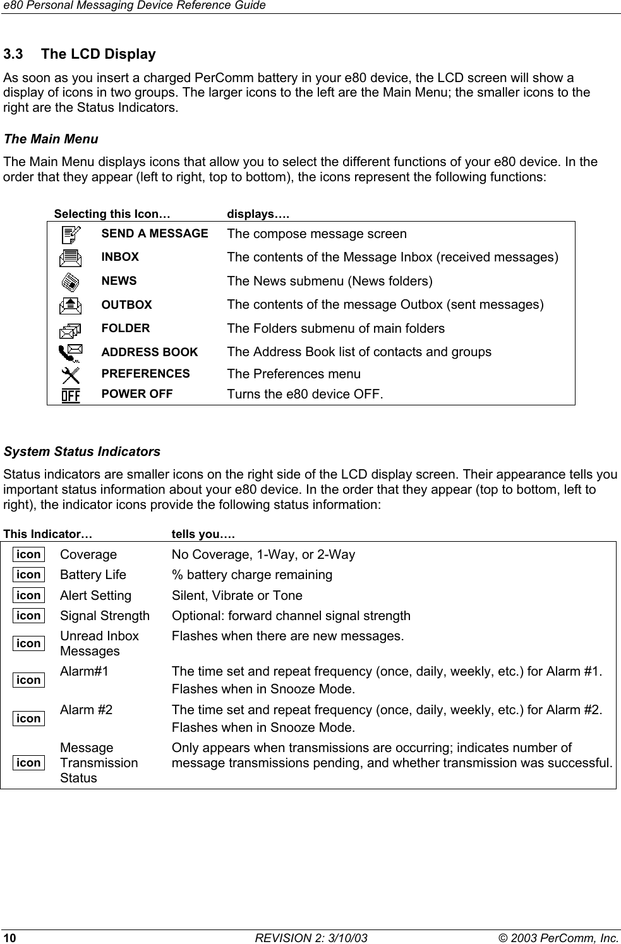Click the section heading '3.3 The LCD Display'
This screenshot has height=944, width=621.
(80, 54)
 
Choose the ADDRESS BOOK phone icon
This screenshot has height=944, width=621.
(71, 352)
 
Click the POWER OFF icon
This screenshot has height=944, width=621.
(71, 395)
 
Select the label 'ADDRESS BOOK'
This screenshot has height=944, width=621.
(150, 352)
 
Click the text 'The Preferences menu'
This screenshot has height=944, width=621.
(294, 374)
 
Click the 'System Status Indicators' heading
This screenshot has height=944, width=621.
(82, 452)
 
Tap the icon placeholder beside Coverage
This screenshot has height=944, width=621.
(29, 554)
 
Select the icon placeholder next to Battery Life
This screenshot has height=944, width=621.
(29, 575)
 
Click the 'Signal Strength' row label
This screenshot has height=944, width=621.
(105, 616)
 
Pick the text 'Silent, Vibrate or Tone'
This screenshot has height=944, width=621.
(237, 595)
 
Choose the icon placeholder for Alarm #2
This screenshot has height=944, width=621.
(29, 719)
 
